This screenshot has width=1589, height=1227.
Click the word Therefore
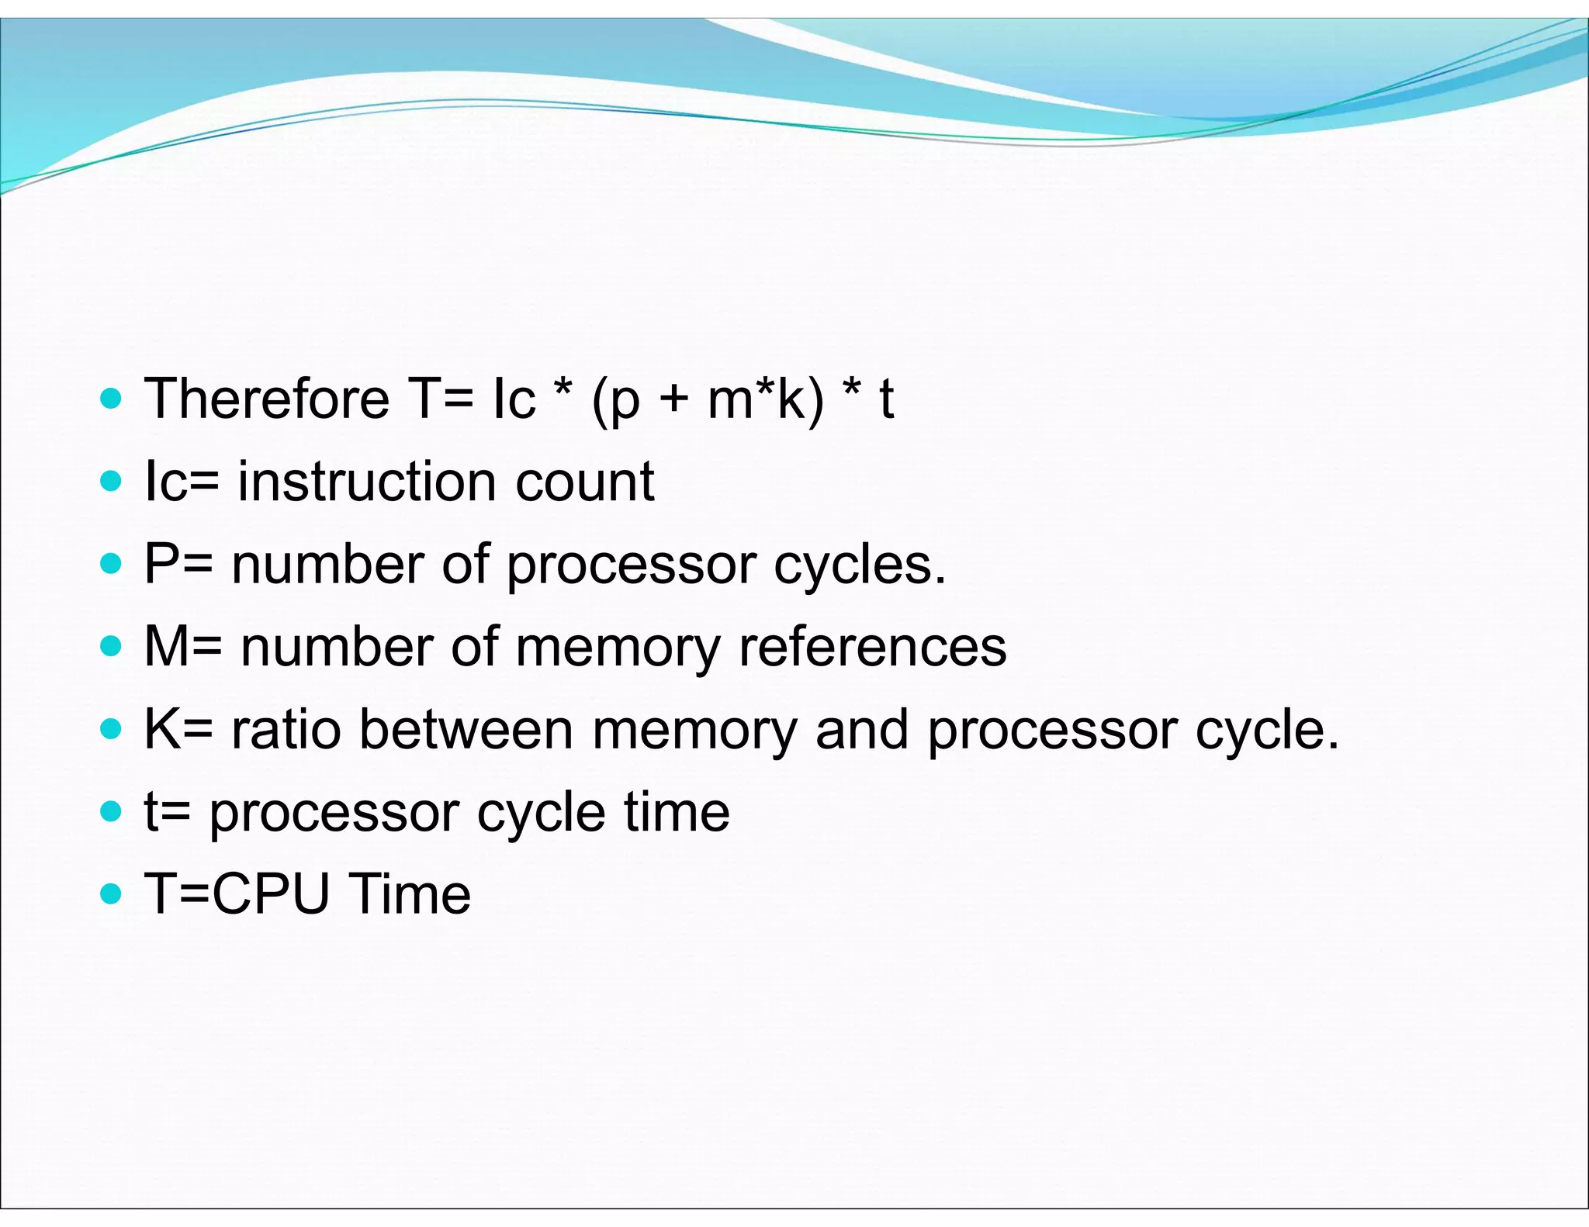point(267,399)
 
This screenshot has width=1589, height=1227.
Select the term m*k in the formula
point(764,399)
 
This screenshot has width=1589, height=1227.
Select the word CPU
point(271,894)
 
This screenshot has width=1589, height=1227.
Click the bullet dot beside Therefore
point(112,399)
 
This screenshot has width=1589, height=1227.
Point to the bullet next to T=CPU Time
point(112,895)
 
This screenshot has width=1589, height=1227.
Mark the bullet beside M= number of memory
point(112,647)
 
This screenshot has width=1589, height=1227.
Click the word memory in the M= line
point(618,648)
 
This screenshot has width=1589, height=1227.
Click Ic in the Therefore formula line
point(514,399)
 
